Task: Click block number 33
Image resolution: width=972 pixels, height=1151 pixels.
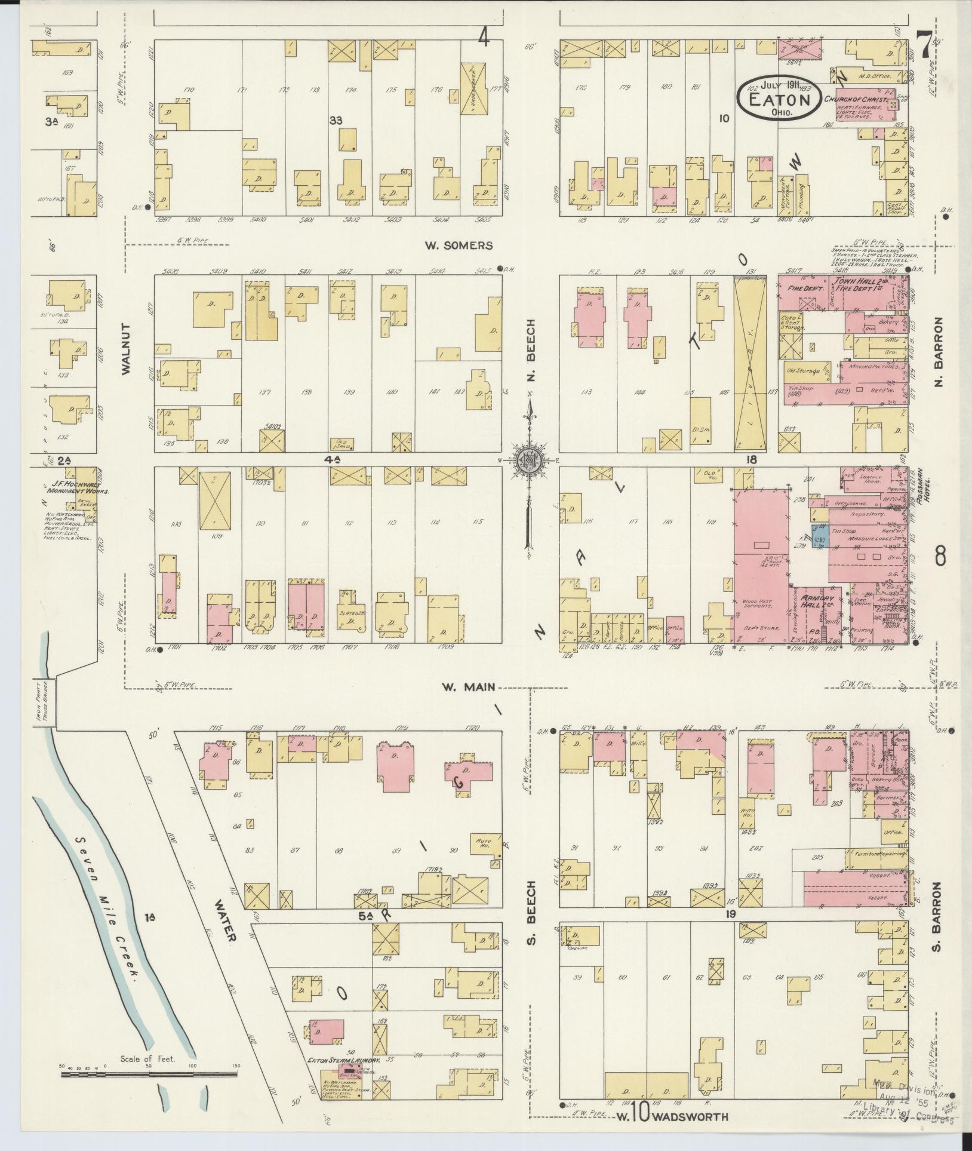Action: click(x=336, y=121)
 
